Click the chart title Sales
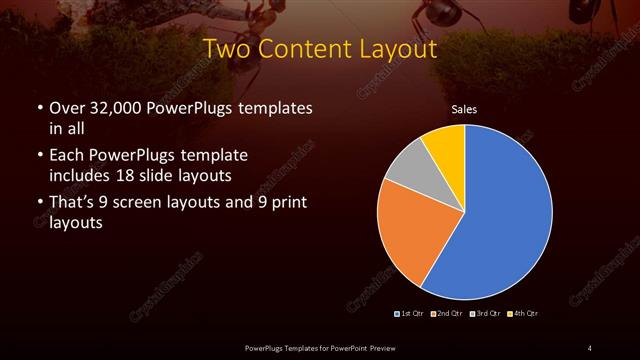click(465, 109)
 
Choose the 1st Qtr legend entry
click(410, 314)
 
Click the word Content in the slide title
click(304, 47)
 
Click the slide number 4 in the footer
click(589, 347)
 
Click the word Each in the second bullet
click(66, 156)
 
